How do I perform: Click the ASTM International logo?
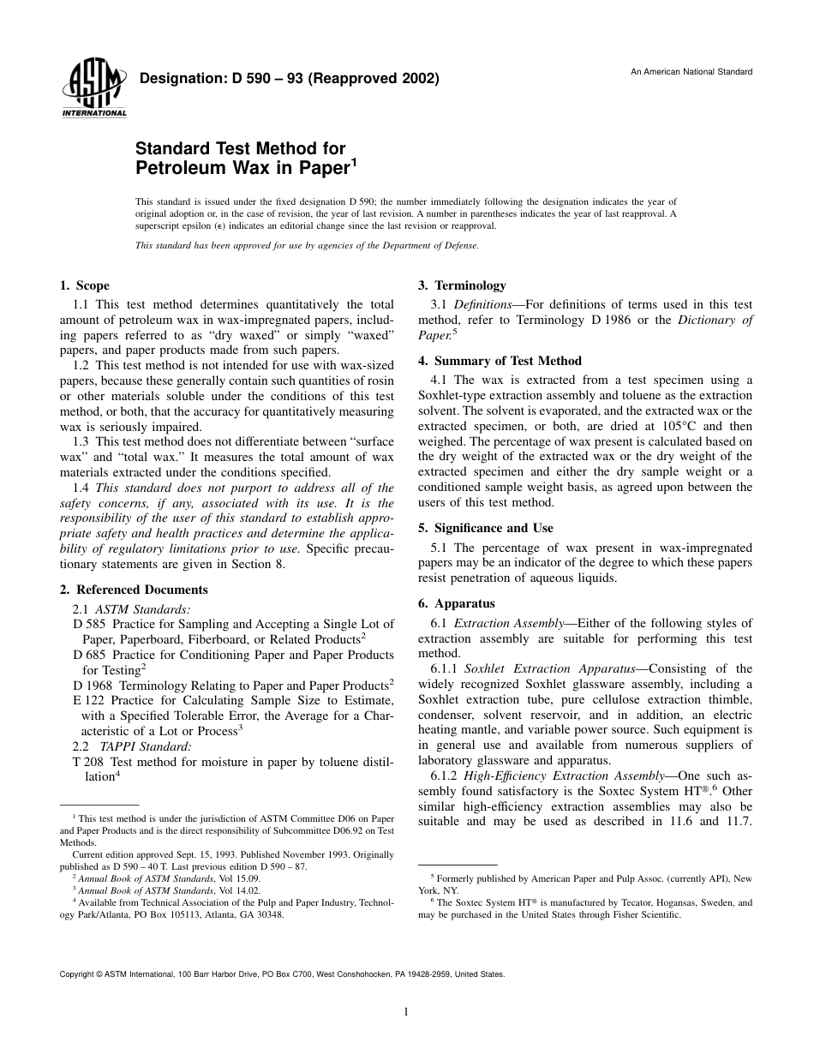93,90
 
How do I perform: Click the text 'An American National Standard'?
691,72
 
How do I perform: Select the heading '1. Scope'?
85,286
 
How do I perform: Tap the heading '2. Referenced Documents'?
134,590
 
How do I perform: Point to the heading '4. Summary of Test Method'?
500,361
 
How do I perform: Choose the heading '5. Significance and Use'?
485,528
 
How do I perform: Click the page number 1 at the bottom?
406,1012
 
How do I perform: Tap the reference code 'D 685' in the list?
90,656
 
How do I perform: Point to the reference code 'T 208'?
89,762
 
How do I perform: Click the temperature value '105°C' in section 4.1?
660,426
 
